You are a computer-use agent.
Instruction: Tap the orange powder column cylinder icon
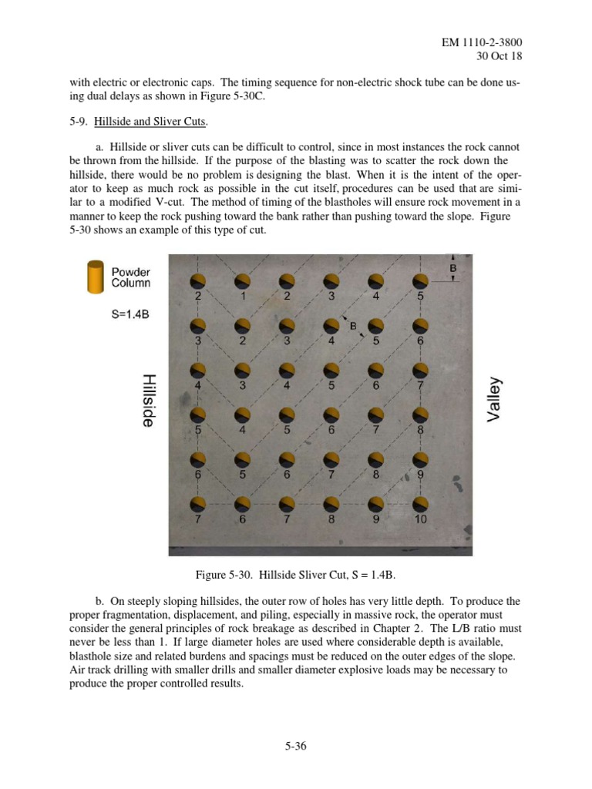(x=96, y=277)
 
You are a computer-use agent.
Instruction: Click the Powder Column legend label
(x=131, y=277)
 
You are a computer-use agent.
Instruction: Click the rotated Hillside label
(x=150, y=401)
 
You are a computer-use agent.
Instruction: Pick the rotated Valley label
(x=494, y=399)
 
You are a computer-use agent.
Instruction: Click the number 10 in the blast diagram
(x=419, y=520)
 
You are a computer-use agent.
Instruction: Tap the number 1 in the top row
(x=243, y=295)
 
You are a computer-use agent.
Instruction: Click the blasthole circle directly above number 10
(x=420, y=505)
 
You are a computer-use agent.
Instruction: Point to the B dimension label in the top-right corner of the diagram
(x=452, y=268)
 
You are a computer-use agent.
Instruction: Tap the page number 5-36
(x=296, y=745)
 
